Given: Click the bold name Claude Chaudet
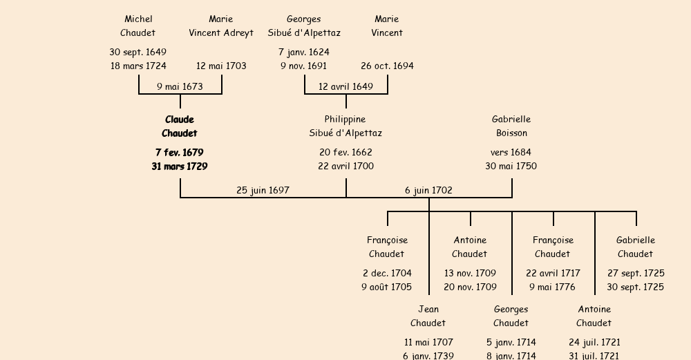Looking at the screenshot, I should pos(180,126).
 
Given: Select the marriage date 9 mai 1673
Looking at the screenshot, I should pos(180,87).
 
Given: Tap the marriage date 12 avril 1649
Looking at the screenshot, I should pos(345,87).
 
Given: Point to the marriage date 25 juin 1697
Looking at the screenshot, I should pos(263,191).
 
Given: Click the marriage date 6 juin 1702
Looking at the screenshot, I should pos(428,191).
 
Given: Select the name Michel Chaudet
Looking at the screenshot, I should pos(138,26).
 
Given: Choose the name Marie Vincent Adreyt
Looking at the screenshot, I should pos(221,26).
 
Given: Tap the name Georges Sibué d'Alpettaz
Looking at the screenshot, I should pos(304,26).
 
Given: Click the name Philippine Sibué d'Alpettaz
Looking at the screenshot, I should pos(345,126).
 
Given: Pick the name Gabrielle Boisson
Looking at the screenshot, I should pos(511,126).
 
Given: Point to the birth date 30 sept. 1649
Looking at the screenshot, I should pos(138,53).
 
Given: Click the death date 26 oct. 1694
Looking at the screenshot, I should pos(387,66).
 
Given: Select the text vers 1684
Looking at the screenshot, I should pos(511,153).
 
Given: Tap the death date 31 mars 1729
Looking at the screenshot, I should pos(180,167).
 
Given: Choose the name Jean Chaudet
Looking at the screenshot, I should pos(428,316).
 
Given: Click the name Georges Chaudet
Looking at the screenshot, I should pos(511,316).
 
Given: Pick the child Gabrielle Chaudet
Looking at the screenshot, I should pos(636,247).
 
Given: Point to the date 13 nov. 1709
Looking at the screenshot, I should pos(470,274).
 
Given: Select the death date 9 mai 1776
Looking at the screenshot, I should pos(553,287).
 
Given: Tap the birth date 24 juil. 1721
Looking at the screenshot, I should pos(594,343).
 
